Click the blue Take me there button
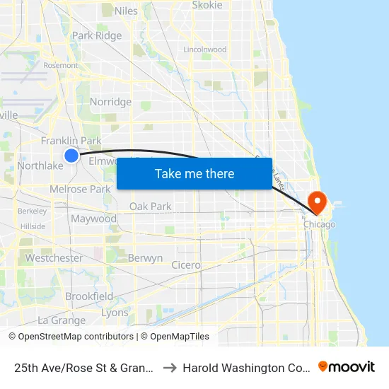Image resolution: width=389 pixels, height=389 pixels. pyautogui.click(x=194, y=173)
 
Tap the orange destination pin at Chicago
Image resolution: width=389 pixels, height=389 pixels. pyautogui.click(x=318, y=202)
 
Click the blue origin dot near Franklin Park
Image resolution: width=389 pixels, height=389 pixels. pyautogui.click(x=71, y=156)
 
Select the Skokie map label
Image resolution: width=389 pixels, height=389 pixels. pyautogui.click(x=207, y=5)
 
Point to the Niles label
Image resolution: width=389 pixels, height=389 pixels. pyautogui.click(x=126, y=11)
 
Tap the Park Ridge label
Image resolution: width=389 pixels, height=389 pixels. pyautogui.click(x=97, y=35)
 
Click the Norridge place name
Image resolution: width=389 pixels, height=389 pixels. pyautogui.click(x=110, y=102)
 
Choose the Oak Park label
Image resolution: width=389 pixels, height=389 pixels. pyautogui.click(x=151, y=207)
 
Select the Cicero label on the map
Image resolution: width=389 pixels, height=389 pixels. pyautogui.click(x=186, y=265)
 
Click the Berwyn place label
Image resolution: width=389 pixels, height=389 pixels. pyautogui.click(x=145, y=258)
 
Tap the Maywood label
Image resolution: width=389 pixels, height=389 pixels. pyautogui.click(x=93, y=219)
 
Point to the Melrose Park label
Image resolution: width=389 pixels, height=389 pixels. pyautogui.click(x=80, y=190)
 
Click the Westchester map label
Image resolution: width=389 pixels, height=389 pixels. pyautogui.click(x=54, y=258)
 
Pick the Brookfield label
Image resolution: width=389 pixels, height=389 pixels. pyautogui.click(x=89, y=296)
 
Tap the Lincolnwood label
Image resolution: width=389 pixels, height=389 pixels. pyautogui.click(x=204, y=50)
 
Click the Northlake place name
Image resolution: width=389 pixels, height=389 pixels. pyautogui.click(x=40, y=166)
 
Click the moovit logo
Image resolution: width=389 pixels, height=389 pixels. pyautogui.click(x=347, y=366)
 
